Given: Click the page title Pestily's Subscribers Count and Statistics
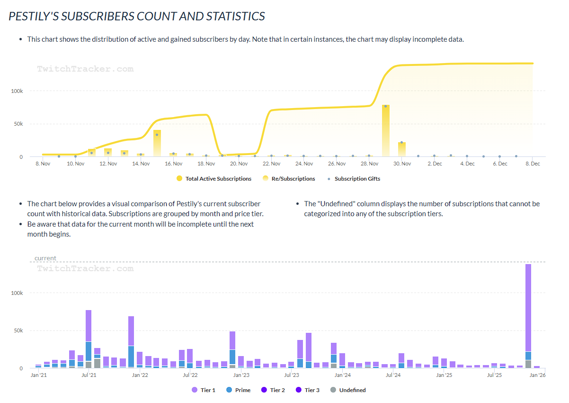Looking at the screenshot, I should pyautogui.click(x=137, y=16).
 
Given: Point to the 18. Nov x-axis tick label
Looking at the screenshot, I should pyautogui.click(x=206, y=164).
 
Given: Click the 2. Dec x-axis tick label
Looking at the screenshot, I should pyautogui.click(x=435, y=164).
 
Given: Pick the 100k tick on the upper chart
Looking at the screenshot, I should pyautogui.click(x=17, y=91).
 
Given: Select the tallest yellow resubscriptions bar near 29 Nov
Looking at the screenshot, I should pyautogui.click(x=386, y=130).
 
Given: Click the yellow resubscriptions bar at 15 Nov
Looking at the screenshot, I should pyautogui.click(x=157, y=143).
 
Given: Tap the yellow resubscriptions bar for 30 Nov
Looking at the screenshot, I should pyautogui.click(x=402, y=149).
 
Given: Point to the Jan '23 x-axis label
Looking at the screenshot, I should pyautogui.click(x=241, y=376).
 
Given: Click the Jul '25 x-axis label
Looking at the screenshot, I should pyautogui.click(x=494, y=376).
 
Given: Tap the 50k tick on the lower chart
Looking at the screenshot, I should pyautogui.click(x=17, y=330).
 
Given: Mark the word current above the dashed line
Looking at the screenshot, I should pyautogui.click(x=45, y=258).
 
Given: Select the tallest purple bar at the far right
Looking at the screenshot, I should pyautogui.click(x=528, y=308).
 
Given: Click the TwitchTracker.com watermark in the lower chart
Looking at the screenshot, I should pyautogui.click(x=85, y=269).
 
